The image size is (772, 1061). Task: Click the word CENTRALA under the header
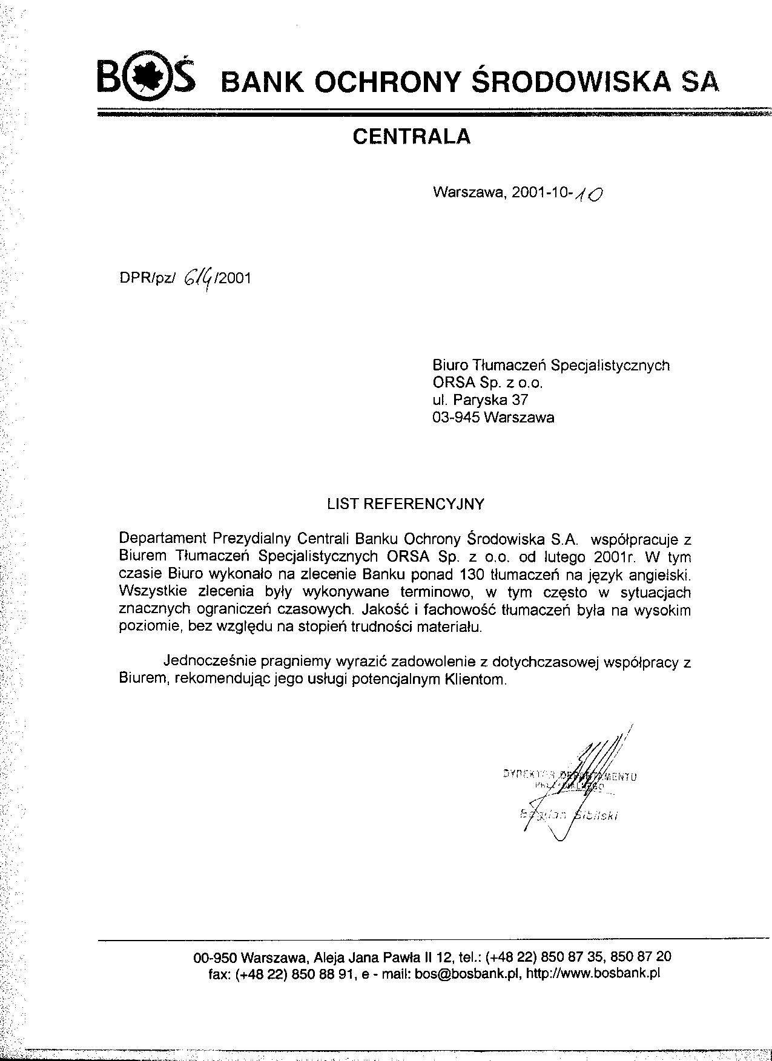pos(411,137)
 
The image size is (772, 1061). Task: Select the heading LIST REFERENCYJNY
pos(406,504)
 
